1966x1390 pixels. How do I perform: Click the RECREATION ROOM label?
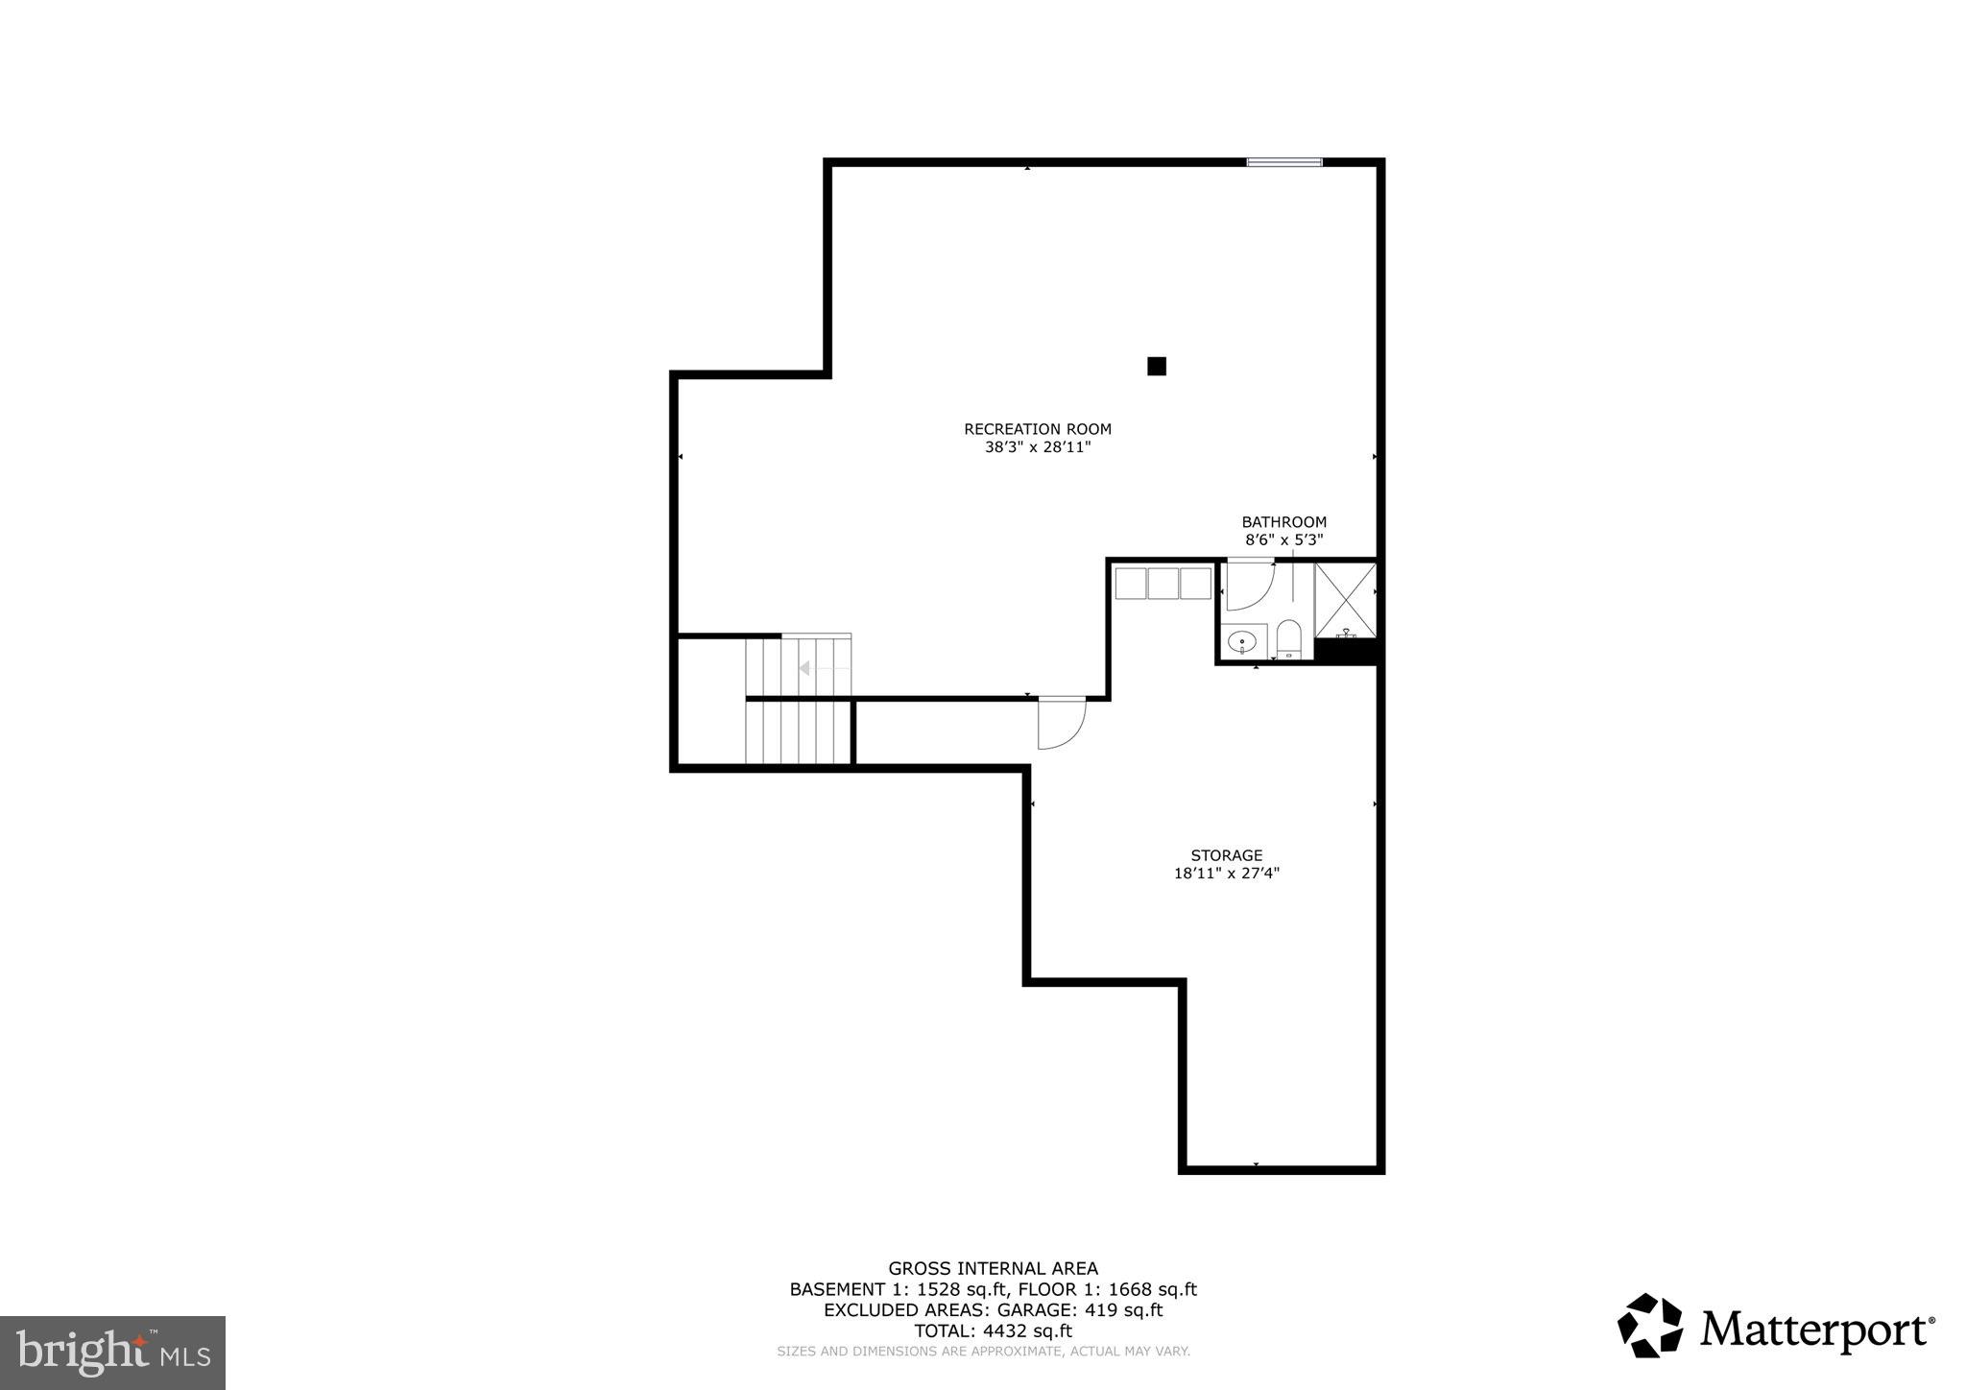1037,429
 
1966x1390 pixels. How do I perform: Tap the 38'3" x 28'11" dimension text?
1037,447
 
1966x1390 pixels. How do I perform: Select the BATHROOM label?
1283,522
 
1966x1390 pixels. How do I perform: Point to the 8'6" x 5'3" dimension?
1283,540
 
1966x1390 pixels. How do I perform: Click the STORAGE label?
1226,855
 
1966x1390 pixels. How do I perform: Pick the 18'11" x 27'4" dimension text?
1226,874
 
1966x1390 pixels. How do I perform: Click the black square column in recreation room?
1157,366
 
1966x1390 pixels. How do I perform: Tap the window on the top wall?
1283,162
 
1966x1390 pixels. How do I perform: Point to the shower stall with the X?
1345,600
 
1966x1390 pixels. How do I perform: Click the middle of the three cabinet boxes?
1163,584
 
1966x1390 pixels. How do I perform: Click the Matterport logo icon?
1650,1326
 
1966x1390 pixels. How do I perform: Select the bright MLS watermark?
112,1352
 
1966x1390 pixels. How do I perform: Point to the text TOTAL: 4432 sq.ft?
993,1331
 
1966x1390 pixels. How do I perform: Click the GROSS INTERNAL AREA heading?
993,1268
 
